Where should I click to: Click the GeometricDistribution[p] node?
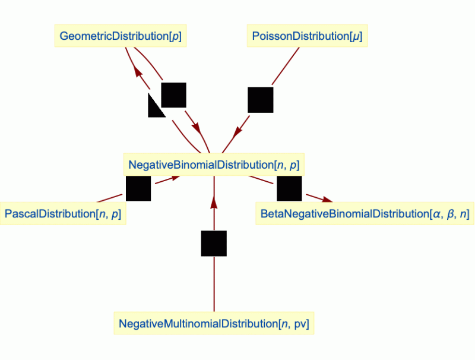121,36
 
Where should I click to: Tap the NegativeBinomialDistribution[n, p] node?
213,165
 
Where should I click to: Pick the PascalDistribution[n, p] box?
63,214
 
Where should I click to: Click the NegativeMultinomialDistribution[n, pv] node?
214,324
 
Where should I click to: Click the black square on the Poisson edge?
260,100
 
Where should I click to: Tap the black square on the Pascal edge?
138,189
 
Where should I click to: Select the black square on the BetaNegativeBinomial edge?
289,189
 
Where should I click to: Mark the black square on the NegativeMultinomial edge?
214,244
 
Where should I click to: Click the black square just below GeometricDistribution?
174,95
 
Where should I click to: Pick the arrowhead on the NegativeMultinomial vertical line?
214,203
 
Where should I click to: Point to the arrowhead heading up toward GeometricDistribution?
138,72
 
